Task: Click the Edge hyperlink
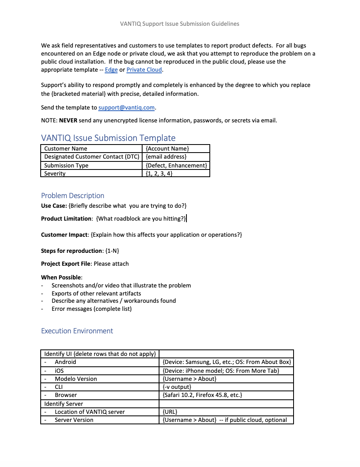pyautogui.click(x=111, y=70)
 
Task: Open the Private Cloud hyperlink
pyautogui.click(x=144, y=70)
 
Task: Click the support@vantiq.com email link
pyautogui.click(x=126, y=107)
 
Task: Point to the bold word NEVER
pyautogui.click(x=68, y=120)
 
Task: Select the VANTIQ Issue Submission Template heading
pyautogui.click(x=108, y=138)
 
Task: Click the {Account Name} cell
pyautogui.click(x=167, y=149)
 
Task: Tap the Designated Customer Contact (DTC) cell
pyautogui.click(x=91, y=157)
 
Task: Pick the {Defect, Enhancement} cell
pyautogui.click(x=176, y=165)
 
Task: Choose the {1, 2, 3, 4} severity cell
pyautogui.click(x=159, y=174)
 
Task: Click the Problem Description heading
pyautogui.click(x=72, y=196)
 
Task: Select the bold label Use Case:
pyautogui.click(x=54, y=206)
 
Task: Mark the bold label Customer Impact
pyautogui.click(x=64, y=235)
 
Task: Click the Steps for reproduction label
pyautogui.click(x=72, y=251)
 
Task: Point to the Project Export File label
pyautogui.click(x=66, y=264)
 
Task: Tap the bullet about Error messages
pyautogui.click(x=91, y=309)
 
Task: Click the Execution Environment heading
pyautogui.click(x=77, y=331)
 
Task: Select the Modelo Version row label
pyautogui.click(x=76, y=379)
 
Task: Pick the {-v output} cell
pyautogui.click(x=177, y=387)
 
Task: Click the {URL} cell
pyautogui.click(x=170, y=412)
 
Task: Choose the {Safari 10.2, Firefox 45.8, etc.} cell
pyautogui.click(x=202, y=395)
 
